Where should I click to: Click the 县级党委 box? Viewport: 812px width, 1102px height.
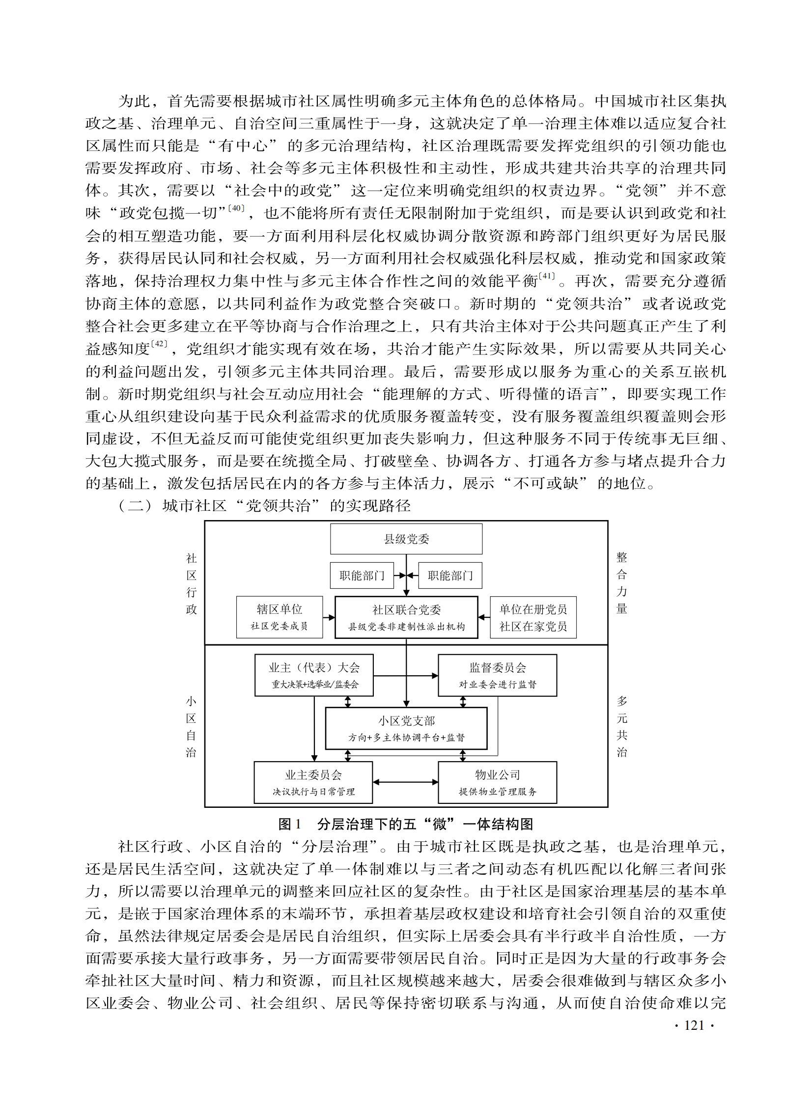(406, 539)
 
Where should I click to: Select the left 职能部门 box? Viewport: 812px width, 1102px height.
(362, 576)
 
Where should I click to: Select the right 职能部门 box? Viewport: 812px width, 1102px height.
(450, 576)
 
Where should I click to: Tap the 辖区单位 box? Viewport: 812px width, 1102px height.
(279, 617)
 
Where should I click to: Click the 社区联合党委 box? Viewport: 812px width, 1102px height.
(406, 617)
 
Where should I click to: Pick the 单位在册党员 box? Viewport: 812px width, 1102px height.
(533, 617)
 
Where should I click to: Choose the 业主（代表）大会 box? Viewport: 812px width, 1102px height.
(313, 675)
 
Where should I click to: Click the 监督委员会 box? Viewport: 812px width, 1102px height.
(497, 675)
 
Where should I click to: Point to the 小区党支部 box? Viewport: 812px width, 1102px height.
(406, 728)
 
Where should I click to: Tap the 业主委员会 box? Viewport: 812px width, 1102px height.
(313, 782)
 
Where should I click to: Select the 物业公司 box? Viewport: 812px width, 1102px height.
(497, 782)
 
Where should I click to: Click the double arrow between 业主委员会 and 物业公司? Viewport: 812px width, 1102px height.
(405, 782)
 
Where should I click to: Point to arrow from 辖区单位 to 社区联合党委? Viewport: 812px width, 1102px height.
(329, 617)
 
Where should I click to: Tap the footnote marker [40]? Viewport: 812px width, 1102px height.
(236, 208)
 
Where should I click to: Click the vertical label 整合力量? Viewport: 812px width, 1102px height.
(622, 583)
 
